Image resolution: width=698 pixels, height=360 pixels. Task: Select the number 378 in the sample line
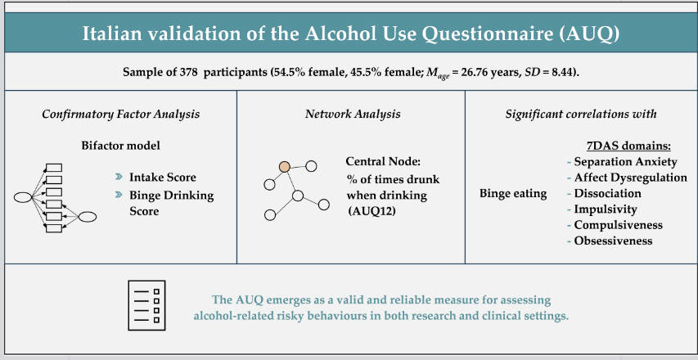[189, 72]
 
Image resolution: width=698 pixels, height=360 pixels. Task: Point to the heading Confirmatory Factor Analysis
[120, 114]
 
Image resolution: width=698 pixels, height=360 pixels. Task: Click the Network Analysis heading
[353, 114]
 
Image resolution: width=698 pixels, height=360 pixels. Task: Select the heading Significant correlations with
[581, 114]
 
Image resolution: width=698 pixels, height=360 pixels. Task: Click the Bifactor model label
[120, 146]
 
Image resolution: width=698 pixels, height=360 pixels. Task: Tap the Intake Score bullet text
[163, 177]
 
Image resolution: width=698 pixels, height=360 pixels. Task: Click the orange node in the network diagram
[285, 167]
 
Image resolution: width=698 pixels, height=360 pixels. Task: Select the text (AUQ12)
[372, 210]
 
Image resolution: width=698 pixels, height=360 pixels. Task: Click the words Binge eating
[513, 194]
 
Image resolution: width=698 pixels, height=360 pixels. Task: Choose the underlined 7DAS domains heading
[633, 146]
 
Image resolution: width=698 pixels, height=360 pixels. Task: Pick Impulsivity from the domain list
[606, 209]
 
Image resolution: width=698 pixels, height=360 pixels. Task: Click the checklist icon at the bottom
[146, 305]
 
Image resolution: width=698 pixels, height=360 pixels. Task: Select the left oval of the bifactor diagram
[23, 197]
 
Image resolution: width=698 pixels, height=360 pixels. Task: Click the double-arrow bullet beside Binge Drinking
[119, 195]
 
